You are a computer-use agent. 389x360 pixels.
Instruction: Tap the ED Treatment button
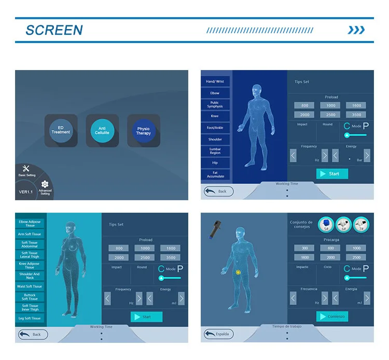[x=61, y=130]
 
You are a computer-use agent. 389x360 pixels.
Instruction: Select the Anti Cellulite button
[x=102, y=130]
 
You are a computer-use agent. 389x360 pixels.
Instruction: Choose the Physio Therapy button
[x=144, y=130]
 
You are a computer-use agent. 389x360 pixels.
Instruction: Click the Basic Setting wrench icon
[x=27, y=169]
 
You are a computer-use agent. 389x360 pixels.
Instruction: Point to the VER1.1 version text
[x=26, y=192]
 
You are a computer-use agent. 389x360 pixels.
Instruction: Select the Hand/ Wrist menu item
[x=215, y=81]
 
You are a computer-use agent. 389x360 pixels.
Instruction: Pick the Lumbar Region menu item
[x=215, y=151]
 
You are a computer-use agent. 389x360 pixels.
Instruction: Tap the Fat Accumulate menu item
[x=215, y=174]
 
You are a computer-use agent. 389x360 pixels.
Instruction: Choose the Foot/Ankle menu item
[x=215, y=128]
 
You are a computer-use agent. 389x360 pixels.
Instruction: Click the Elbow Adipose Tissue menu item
[x=30, y=224]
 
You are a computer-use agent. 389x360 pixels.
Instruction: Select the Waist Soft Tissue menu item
[x=30, y=286]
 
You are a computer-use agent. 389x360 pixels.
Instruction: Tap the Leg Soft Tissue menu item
[x=30, y=318]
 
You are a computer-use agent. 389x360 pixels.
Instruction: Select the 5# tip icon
[x=326, y=223]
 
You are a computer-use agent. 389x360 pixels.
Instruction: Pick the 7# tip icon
[x=362, y=223]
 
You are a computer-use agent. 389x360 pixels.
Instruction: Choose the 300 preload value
[x=304, y=248]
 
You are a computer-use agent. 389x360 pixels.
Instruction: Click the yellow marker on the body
[x=238, y=271]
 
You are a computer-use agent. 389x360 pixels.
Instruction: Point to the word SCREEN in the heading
[x=54, y=30]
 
